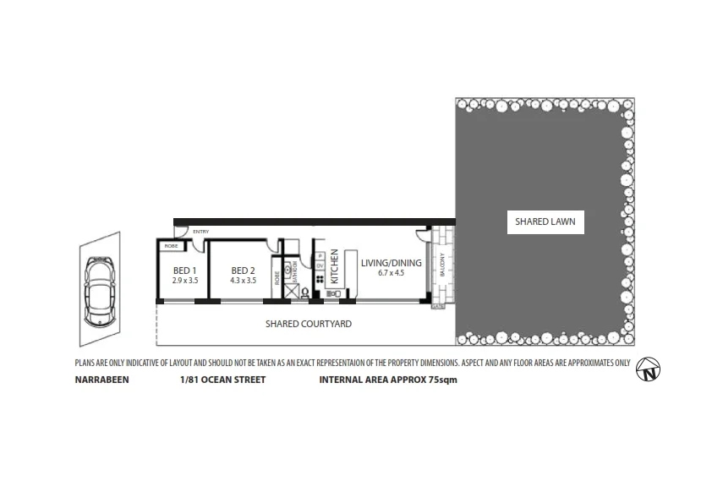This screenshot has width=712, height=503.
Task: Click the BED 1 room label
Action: (x=184, y=271)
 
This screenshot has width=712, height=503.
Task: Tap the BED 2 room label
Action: (x=244, y=271)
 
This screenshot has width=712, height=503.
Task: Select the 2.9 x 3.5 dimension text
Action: (x=184, y=280)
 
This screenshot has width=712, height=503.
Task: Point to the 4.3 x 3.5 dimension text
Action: (x=244, y=280)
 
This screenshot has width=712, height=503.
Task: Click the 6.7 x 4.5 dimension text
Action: (x=390, y=273)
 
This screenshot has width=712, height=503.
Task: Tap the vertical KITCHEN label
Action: (x=335, y=266)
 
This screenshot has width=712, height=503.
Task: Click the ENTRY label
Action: (x=200, y=232)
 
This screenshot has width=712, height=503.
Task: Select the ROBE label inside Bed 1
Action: (x=171, y=246)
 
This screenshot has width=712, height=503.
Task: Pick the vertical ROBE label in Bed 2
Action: (x=277, y=277)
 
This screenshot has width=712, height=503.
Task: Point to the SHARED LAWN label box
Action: (x=545, y=222)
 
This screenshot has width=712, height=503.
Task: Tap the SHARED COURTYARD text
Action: (x=308, y=324)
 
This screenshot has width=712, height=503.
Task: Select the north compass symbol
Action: (x=649, y=369)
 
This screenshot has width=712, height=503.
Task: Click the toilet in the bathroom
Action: (x=305, y=293)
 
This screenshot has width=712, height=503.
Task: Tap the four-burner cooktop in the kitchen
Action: (x=320, y=280)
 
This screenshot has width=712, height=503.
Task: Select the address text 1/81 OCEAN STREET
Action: (x=222, y=380)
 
